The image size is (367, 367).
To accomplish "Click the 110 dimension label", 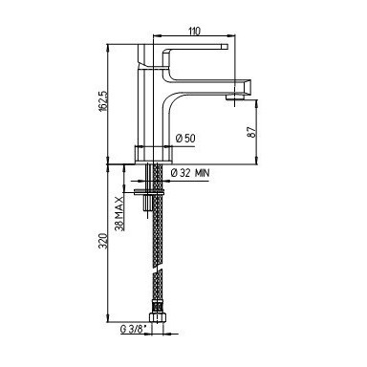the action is (x=194, y=32).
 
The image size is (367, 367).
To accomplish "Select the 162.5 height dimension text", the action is (x=103, y=100).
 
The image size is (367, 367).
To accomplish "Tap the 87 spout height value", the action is (x=252, y=132).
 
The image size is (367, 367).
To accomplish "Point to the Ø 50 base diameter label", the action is (x=185, y=139).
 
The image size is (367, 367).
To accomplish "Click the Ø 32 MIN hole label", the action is (x=190, y=173).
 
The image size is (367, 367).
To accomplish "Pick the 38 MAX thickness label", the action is (x=119, y=213).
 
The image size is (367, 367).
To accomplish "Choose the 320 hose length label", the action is (x=103, y=241).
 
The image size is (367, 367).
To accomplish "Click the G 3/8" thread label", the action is (x=132, y=330).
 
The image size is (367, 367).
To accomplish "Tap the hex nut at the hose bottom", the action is (x=157, y=317).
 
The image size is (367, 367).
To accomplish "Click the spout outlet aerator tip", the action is (x=237, y=97).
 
